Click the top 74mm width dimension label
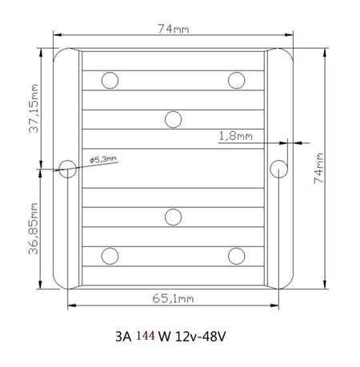coord(174,29)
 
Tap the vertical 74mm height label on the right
coord(318,168)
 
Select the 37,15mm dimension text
coord(34,109)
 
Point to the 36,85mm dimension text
coord(34,229)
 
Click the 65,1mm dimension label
coord(173,298)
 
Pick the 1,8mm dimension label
coord(235,136)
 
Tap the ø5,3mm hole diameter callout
coord(103,159)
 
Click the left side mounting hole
coord(67,169)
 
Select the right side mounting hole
coord(278,169)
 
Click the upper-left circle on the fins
coord(110,80)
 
